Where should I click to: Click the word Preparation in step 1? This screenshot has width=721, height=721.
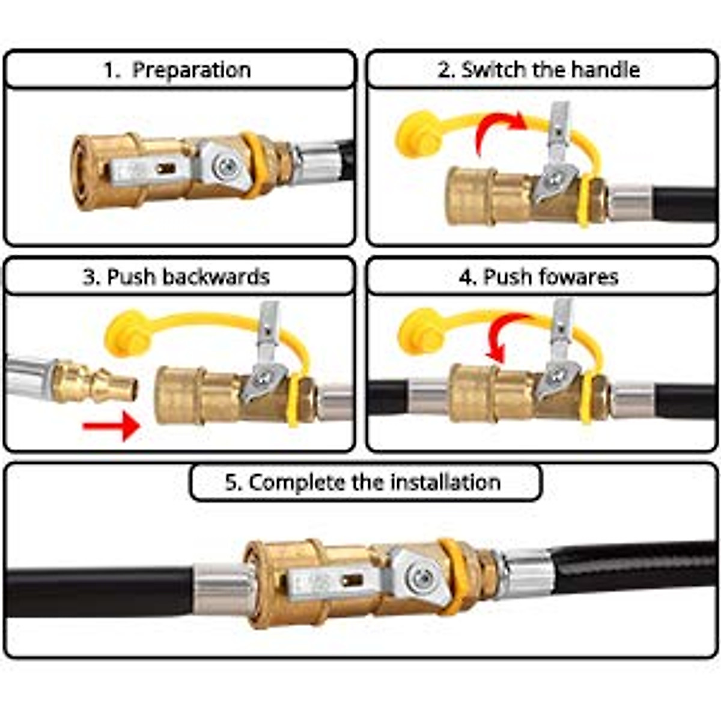coord(191,70)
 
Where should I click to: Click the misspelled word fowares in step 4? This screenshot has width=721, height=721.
coord(580,277)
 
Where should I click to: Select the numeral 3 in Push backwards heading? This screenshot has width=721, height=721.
coord(90,277)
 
